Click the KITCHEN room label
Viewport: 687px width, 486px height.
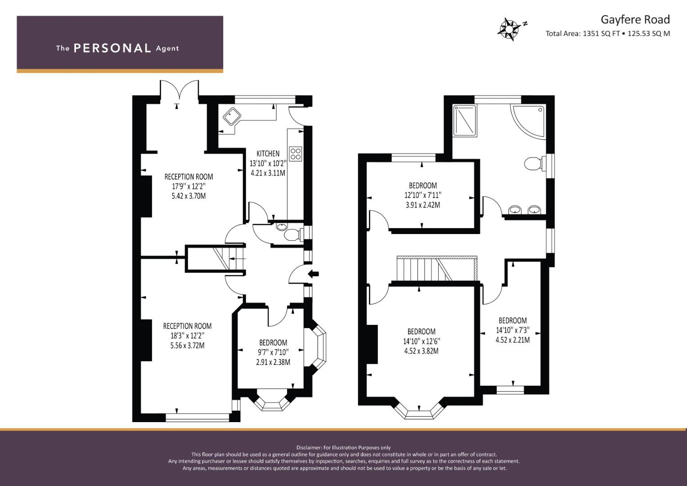tap(268, 153)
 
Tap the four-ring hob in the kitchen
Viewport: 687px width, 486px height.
tap(296, 154)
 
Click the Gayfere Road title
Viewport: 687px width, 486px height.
tap(635, 20)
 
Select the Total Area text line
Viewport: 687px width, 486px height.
tap(607, 33)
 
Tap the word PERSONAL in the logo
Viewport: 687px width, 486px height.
tap(112, 48)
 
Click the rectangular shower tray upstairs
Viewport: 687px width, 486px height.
tap(465, 121)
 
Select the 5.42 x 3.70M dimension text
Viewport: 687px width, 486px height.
tap(189, 196)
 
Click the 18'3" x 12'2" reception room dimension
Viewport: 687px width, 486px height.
tap(188, 336)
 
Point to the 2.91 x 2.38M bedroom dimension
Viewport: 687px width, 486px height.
tap(273, 362)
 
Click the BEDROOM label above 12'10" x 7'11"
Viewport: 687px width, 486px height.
tap(422, 185)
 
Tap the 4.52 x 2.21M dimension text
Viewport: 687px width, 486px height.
tap(512, 340)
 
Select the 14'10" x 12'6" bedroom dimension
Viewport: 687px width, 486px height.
tap(422, 341)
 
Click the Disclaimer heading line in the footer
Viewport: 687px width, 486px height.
tap(344, 448)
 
